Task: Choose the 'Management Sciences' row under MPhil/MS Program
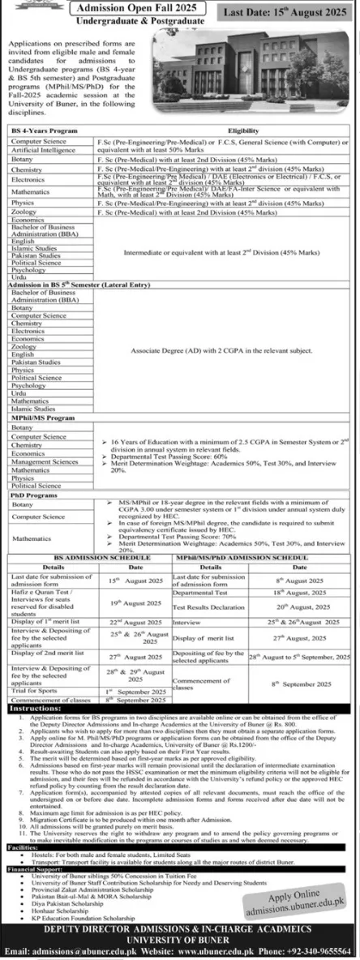coord(39,461)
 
